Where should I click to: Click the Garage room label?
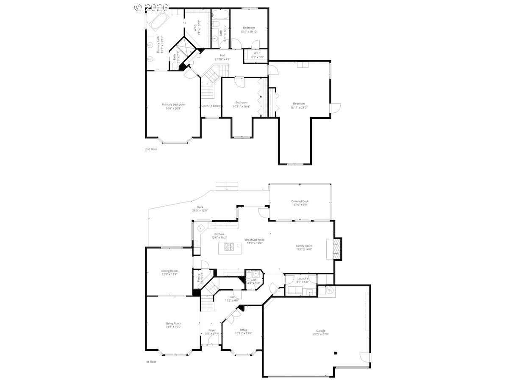click(x=320, y=331)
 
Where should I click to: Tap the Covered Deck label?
click(x=300, y=201)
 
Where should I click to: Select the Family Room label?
click(x=304, y=246)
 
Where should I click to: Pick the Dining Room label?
click(x=169, y=271)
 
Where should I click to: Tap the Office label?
click(x=243, y=330)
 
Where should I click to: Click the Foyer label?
click(x=212, y=330)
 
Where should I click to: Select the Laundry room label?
click(x=303, y=278)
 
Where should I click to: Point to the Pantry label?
click(x=198, y=277)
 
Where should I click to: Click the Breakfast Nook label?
click(x=255, y=240)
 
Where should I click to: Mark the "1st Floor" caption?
click(x=151, y=362)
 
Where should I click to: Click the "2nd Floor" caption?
click(x=151, y=149)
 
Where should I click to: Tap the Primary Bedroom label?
click(x=173, y=104)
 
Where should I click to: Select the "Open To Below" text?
click(x=211, y=106)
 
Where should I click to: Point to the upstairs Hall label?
click(x=222, y=55)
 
